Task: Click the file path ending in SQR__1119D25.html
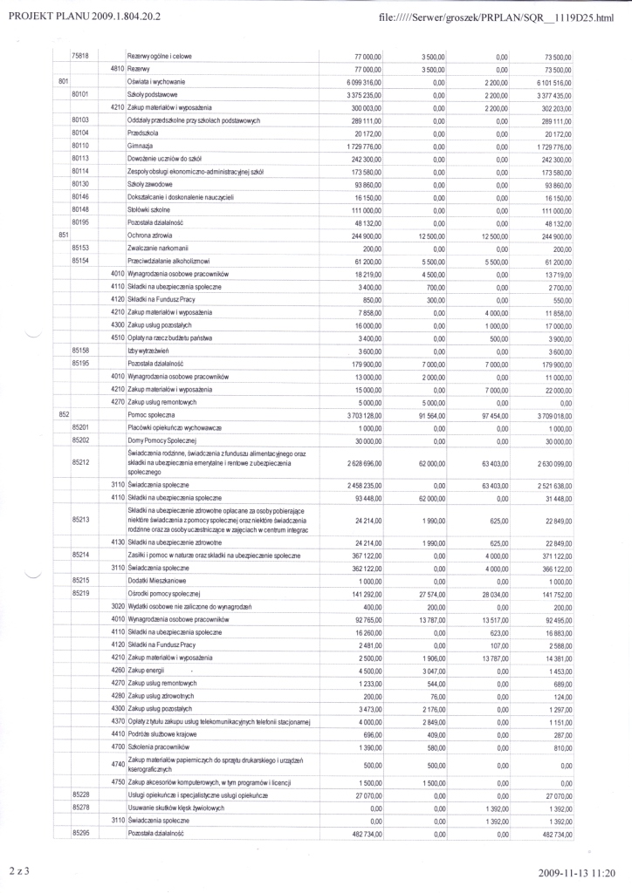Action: click(498, 17)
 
